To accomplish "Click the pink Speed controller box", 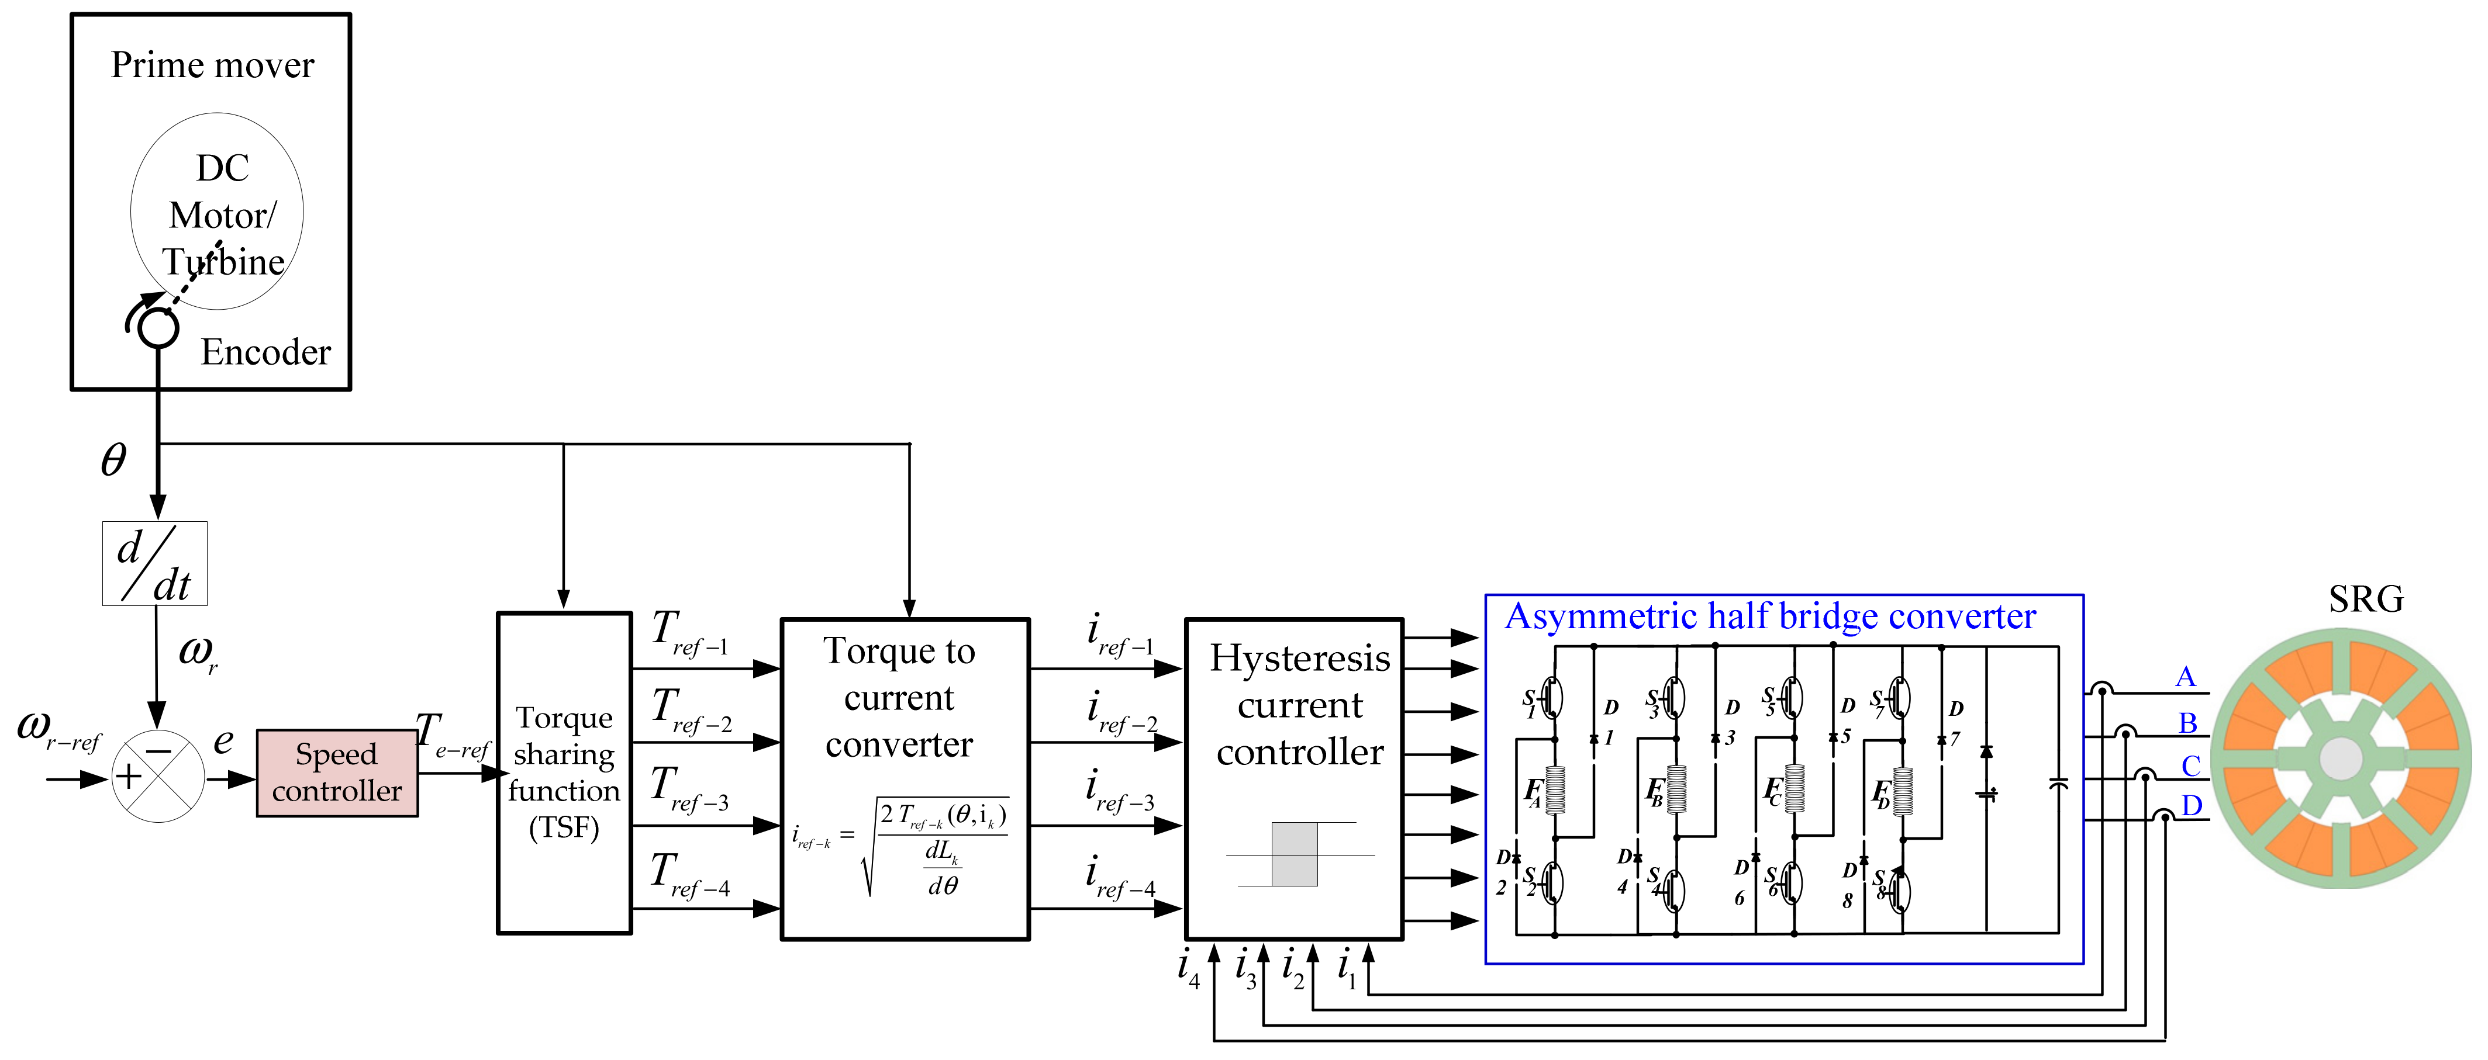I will [x=336, y=773].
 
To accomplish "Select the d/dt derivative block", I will [x=154, y=564].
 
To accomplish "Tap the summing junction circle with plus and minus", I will [x=157, y=775].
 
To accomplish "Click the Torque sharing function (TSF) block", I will [x=564, y=773].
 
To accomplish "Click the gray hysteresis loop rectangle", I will [x=1294, y=853].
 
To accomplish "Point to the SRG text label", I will [x=2365, y=600].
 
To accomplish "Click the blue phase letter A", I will [x=2185, y=677].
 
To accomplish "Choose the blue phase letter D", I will [x=2192, y=805].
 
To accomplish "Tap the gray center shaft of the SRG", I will [x=2340, y=758].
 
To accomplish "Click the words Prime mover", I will [x=212, y=65].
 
